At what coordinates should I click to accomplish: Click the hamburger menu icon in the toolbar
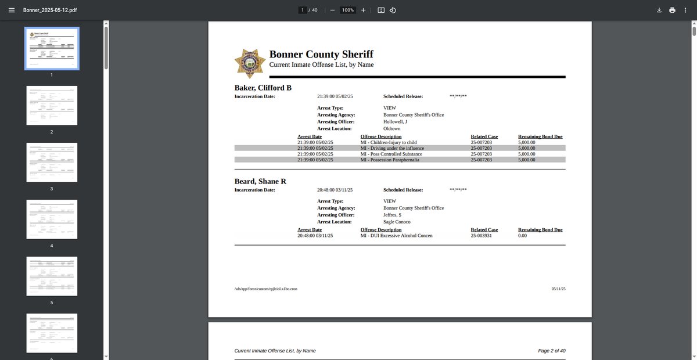(11, 10)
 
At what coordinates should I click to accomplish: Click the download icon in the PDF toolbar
(659, 10)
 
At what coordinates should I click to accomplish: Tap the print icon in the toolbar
(672, 10)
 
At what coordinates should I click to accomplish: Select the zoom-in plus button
(363, 10)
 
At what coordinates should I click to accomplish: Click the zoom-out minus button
(332, 10)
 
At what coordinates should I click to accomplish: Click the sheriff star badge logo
(250, 64)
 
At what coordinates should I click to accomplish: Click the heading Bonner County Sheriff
(321, 54)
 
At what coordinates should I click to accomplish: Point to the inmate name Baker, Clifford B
(263, 88)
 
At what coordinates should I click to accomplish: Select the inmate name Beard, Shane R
(260, 181)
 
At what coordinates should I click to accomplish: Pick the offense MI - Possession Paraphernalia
(390, 160)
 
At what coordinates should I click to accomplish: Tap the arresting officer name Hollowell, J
(395, 122)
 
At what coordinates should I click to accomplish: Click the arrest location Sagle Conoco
(397, 222)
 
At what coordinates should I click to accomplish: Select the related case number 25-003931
(481, 236)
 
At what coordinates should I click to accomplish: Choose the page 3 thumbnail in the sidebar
(52, 162)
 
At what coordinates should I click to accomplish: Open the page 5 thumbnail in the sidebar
(52, 276)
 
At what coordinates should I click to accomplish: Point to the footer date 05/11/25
(558, 289)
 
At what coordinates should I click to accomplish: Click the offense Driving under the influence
(392, 148)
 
